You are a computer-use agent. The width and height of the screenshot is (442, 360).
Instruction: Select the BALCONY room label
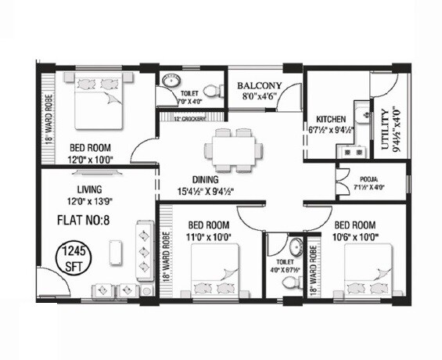(259, 87)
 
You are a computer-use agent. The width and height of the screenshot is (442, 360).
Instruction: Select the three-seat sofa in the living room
(145, 249)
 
